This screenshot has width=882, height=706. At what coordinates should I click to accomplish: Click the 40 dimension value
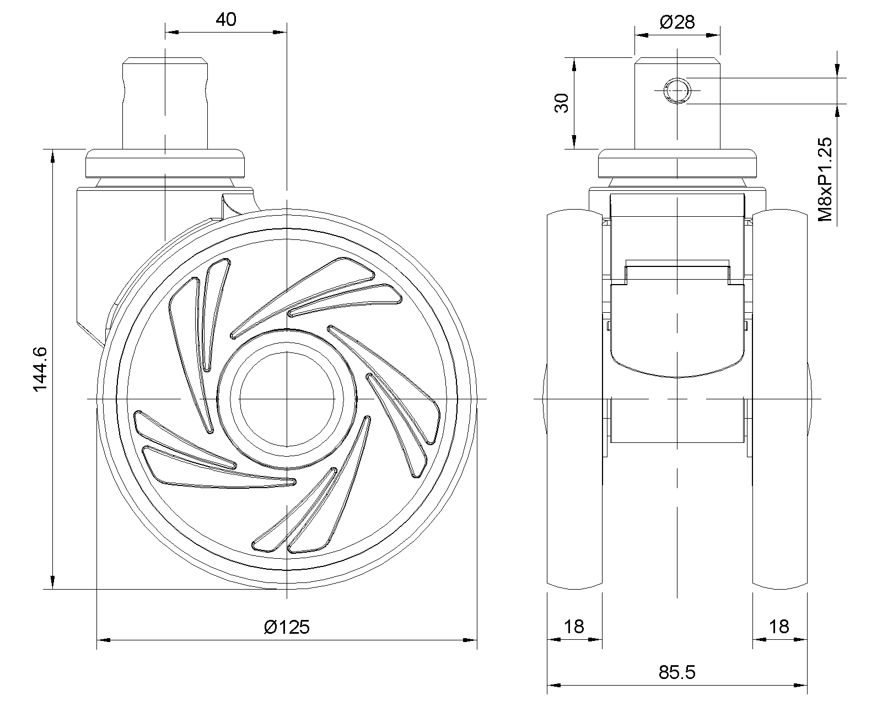[x=225, y=20]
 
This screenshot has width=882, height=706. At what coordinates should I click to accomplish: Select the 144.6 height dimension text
[x=41, y=370]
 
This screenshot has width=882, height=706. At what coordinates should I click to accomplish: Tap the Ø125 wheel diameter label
[x=287, y=627]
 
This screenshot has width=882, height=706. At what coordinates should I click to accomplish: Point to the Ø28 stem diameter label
[x=677, y=22]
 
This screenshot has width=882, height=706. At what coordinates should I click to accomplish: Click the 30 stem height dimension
[x=561, y=103]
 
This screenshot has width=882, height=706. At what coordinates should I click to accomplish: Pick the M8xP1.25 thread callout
[x=825, y=179]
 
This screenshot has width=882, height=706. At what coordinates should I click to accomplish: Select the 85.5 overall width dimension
[x=677, y=672]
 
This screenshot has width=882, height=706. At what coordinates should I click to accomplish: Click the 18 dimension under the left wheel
[x=574, y=627]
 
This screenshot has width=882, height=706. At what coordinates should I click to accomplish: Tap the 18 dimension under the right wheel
[x=779, y=627]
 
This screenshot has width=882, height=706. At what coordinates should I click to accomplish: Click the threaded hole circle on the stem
[x=676, y=90]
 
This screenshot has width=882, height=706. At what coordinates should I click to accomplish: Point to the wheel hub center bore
[x=287, y=398]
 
